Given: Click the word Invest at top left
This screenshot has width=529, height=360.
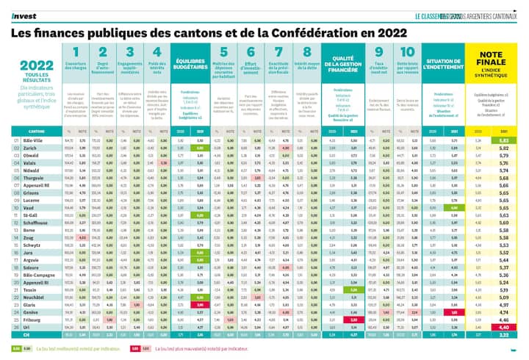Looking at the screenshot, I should [21, 14].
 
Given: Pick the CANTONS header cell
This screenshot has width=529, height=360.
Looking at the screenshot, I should [35, 129].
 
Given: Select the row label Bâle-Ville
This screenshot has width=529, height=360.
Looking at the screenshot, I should [33, 140].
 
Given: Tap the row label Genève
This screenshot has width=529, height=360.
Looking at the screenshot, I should [31, 311].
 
